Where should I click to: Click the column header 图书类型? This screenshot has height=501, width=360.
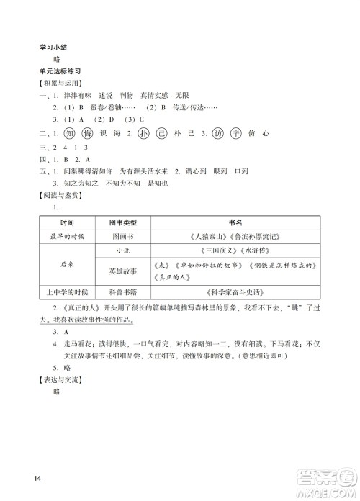tap(117, 222)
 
